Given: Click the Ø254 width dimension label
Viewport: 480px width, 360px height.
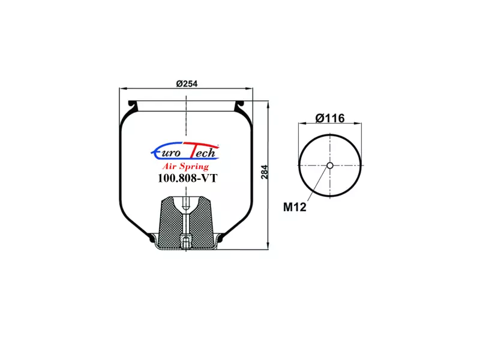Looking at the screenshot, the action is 187,83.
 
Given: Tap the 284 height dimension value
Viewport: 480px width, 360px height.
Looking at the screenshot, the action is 264,172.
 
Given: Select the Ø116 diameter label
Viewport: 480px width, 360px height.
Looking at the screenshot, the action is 330,118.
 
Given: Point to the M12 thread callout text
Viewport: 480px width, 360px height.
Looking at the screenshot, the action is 295,207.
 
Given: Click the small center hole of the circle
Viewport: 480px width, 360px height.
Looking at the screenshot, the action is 329,166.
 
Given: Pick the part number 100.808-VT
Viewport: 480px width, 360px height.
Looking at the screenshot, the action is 187,178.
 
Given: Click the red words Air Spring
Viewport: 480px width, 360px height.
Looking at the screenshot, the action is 185,166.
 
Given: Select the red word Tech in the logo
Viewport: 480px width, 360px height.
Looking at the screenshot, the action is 202,151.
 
